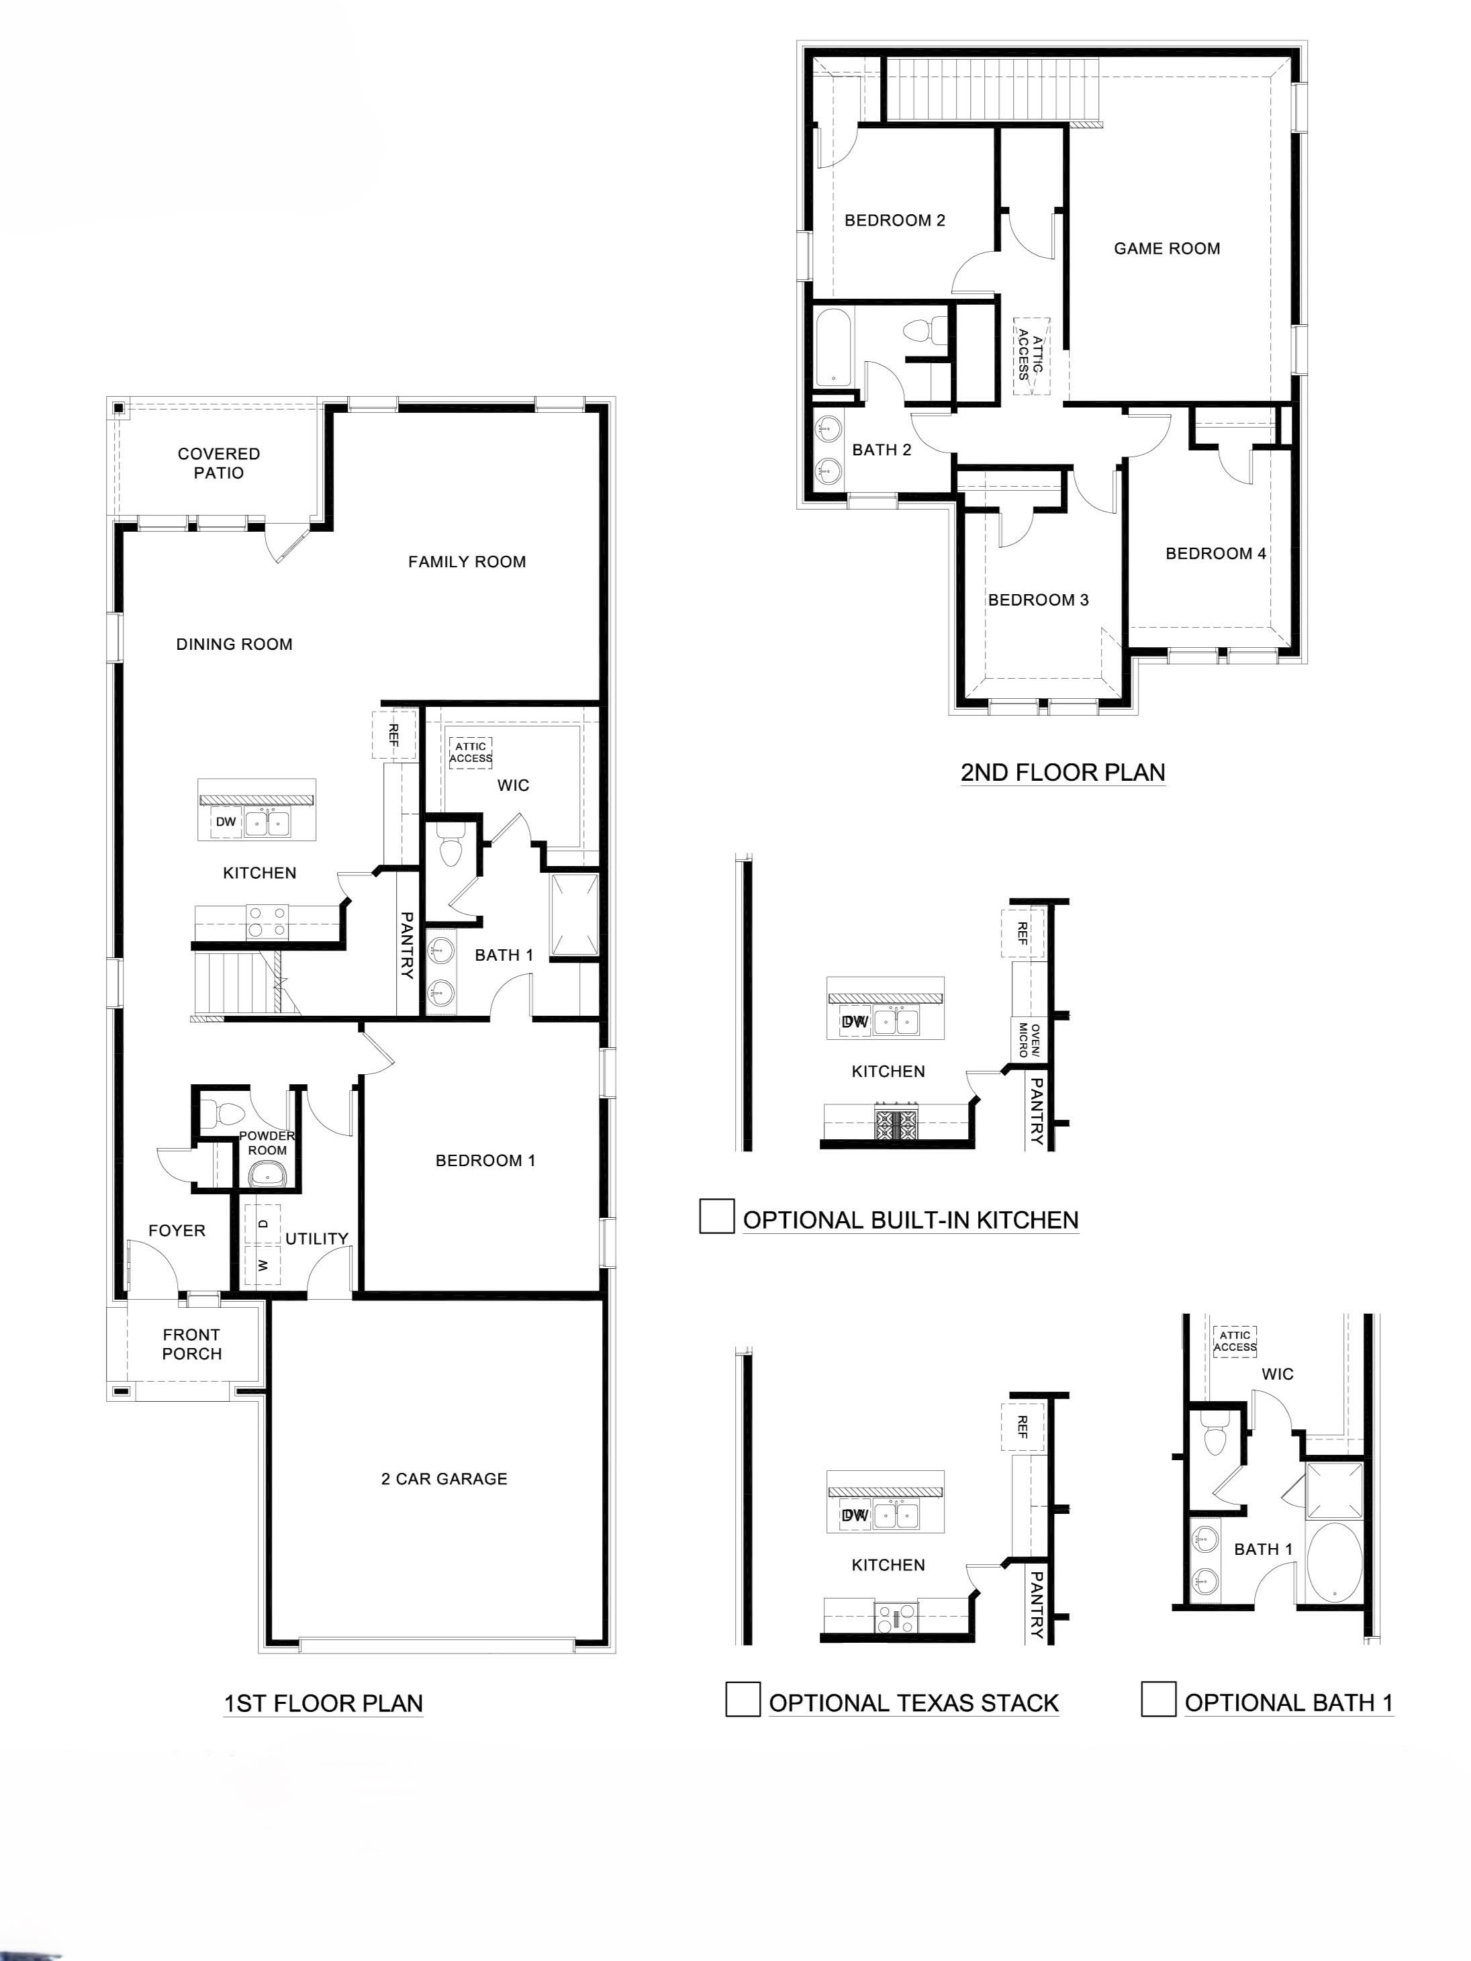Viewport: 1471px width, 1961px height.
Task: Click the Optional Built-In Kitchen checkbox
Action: point(716,1215)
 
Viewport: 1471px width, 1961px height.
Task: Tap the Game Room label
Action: point(1167,249)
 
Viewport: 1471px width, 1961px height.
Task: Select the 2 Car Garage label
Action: point(444,1479)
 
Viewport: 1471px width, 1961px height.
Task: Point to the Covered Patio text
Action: point(219,463)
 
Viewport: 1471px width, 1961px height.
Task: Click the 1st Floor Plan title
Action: point(324,1703)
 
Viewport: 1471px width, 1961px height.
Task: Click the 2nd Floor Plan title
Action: point(1063,772)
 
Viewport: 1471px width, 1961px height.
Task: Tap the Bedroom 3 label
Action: point(1039,600)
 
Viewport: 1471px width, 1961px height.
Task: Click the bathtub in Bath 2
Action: point(833,346)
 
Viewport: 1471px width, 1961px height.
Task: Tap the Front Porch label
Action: point(191,1344)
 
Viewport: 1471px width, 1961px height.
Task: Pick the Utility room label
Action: point(316,1239)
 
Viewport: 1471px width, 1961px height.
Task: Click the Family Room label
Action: point(467,562)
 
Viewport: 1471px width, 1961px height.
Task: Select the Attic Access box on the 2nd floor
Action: point(1031,356)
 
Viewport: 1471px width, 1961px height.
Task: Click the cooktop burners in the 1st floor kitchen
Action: point(267,921)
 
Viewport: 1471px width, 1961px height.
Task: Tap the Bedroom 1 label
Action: point(486,1161)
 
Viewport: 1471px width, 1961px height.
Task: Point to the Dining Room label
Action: point(234,644)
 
